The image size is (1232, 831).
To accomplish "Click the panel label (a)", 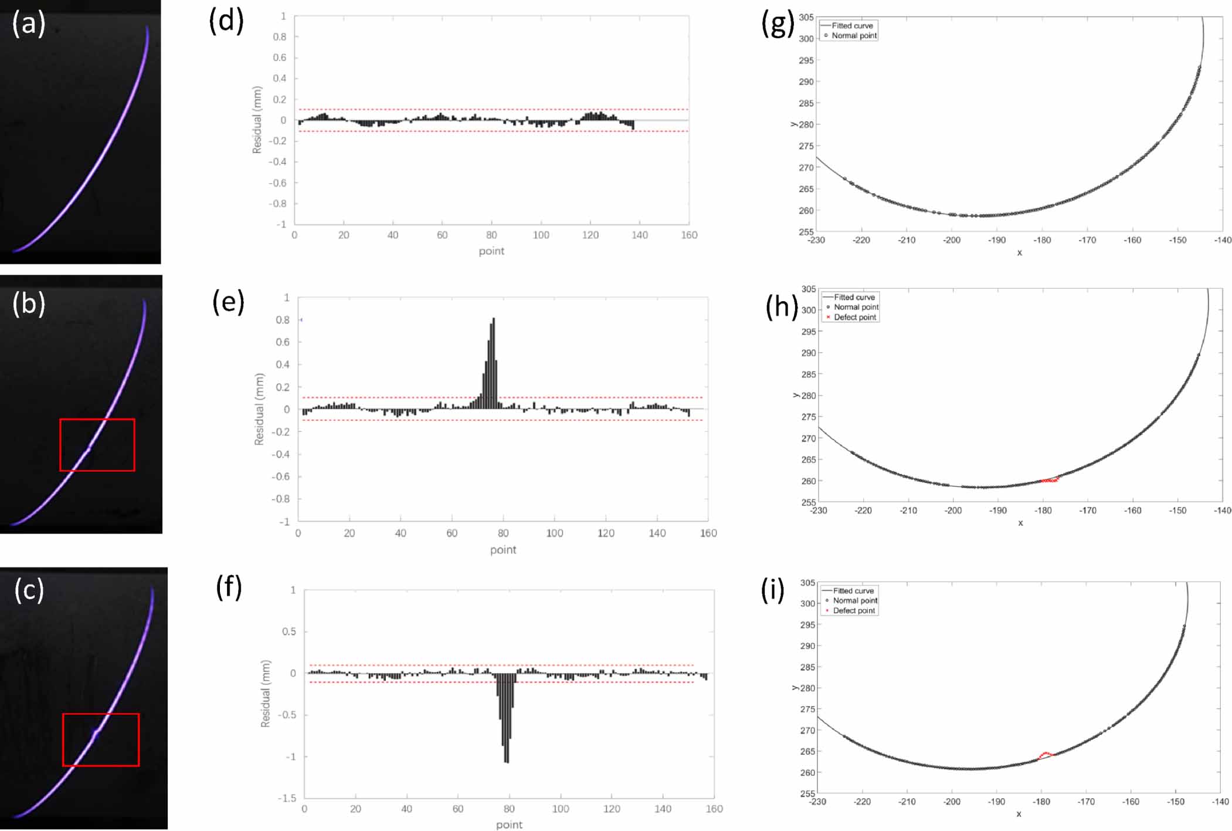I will (x=29, y=24).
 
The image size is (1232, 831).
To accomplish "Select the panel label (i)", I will (x=772, y=590).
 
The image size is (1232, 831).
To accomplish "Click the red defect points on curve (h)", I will (x=1050, y=480).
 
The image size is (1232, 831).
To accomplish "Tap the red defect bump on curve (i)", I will (x=1046, y=754).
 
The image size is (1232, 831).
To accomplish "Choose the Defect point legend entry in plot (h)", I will (x=854, y=317).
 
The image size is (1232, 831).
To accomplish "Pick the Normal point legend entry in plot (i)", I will (x=854, y=600).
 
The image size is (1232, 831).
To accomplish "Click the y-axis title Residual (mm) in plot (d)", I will (x=257, y=120).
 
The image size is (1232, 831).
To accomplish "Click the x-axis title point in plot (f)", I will (x=509, y=825).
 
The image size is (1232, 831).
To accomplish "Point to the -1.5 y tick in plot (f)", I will (x=290, y=798).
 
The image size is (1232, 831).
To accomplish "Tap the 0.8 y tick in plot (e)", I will (x=283, y=320).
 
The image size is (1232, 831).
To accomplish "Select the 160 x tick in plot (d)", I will (x=689, y=235).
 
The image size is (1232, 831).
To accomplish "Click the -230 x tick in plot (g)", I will (x=816, y=240).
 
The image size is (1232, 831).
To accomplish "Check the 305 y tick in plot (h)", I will (x=809, y=289).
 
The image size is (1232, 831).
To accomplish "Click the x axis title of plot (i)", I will (x=1019, y=814).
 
